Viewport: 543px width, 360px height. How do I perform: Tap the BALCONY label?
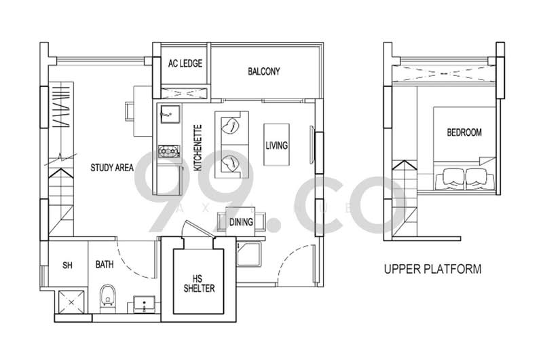click(264, 71)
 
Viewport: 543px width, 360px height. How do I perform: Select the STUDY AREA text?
click(112, 166)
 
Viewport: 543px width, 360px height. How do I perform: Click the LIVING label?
click(276, 145)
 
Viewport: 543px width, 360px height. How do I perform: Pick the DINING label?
click(241, 222)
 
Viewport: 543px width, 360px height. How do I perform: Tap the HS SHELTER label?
click(199, 283)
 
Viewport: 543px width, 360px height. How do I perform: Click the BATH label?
click(105, 264)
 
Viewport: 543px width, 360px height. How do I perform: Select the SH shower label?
click(68, 264)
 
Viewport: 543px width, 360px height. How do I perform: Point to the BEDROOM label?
click(464, 132)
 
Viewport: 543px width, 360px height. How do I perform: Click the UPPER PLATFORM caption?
click(432, 269)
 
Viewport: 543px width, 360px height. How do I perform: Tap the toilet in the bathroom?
click(107, 298)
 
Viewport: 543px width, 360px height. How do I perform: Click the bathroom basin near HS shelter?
click(143, 304)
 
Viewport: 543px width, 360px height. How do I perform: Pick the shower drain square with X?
click(68, 302)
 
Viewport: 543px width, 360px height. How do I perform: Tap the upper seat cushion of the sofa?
click(232, 124)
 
